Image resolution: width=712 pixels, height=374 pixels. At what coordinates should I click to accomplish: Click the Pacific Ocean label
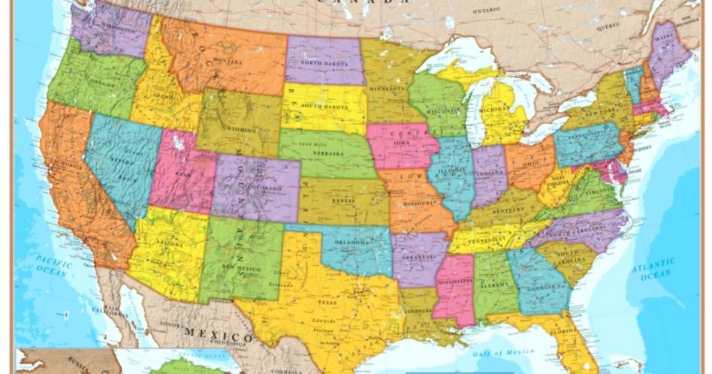click(x=55, y=264)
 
